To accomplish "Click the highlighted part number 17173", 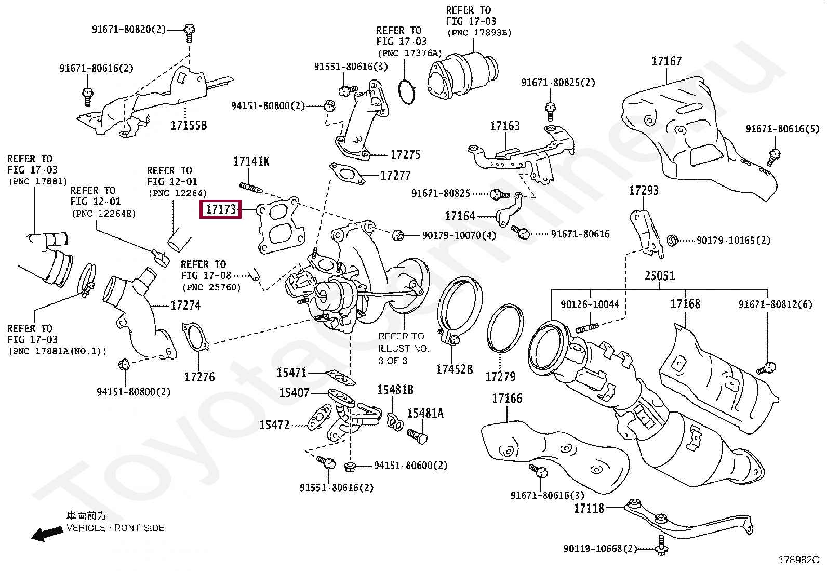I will (221, 210).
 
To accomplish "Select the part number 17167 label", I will (666, 62).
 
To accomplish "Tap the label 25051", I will (660, 276).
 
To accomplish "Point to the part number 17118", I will (589, 508).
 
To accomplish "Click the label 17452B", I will (454, 369).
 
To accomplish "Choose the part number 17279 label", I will (500, 377).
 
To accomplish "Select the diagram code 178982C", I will (798, 560).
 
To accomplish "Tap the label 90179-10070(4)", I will (459, 236).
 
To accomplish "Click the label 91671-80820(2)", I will (129, 30).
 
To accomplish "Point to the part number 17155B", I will (189, 125).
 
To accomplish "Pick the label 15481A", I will (425, 414).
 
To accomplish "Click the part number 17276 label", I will (199, 377).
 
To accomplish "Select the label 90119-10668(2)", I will (600, 549).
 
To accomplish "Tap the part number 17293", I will (644, 191).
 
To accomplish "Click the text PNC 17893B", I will (479, 33).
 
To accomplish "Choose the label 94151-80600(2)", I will (410, 466).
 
